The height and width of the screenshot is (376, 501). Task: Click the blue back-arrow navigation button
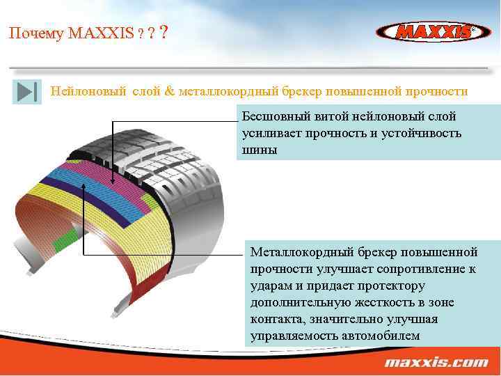(x=26, y=93)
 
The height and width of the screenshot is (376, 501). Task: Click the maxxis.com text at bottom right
(x=436, y=363)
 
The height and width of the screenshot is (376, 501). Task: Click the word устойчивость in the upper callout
(x=422, y=133)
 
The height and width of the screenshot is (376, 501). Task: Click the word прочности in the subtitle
(x=436, y=91)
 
